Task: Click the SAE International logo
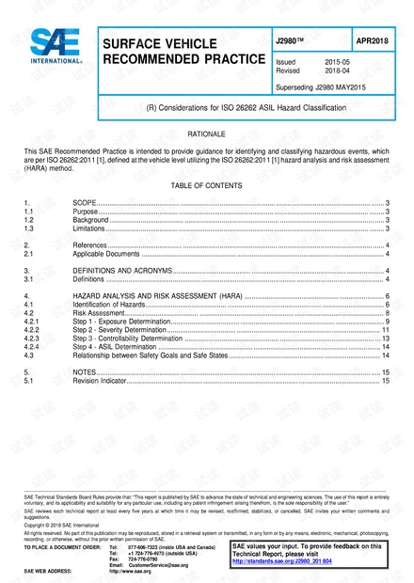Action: coord(44,43)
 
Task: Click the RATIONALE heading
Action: coord(206,135)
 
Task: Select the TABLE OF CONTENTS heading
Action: coord(206,186)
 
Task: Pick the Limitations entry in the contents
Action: coord(89,228)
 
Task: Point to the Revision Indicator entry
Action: coord(99,382)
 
